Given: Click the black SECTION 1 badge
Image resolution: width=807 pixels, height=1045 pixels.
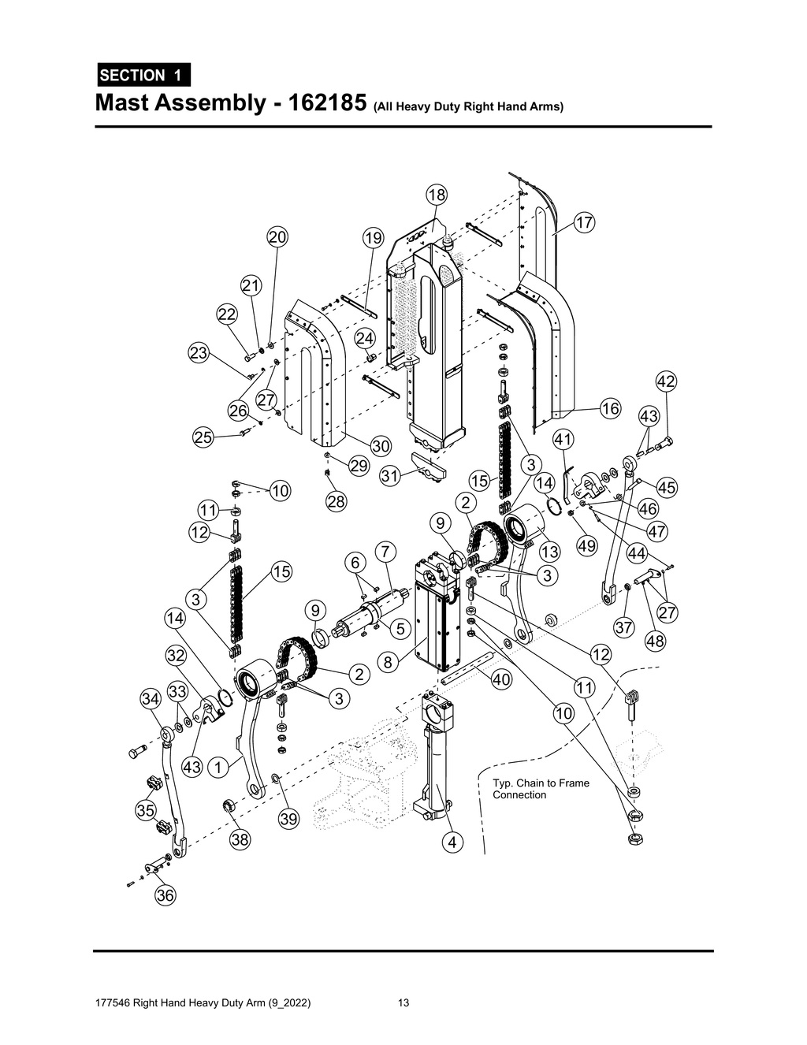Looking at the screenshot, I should (x=143, y=75).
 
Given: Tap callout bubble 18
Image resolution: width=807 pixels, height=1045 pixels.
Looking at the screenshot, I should (x=437, y=195).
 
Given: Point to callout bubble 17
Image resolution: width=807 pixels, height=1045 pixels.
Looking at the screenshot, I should (x=584, y=223).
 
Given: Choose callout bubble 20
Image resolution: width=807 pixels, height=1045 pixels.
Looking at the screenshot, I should (x=277, y=237).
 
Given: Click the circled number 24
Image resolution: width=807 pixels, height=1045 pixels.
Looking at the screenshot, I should (x=364, y=338).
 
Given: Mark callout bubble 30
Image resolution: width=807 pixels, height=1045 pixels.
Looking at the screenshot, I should (x=381, y=446).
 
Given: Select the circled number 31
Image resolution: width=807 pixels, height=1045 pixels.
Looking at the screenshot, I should (x=390, y=476).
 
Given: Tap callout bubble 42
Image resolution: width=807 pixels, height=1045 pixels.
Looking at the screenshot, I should (x=666, y=382).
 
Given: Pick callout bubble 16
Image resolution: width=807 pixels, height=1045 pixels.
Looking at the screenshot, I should (x=610, y=408).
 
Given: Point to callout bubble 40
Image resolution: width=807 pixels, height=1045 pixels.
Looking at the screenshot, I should (x=501, y=679).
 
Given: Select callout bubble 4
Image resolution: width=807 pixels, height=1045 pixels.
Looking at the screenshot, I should (x=452, y=842).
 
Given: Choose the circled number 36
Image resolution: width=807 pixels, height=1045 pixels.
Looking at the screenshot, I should (x=165, y=895).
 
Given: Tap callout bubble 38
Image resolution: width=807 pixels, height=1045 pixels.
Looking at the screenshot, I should (x=240, y=840).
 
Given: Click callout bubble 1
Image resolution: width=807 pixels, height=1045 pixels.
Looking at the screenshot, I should (x=218, y=766).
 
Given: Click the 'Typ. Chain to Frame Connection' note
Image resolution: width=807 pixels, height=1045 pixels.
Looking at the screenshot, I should (x=541, y=789).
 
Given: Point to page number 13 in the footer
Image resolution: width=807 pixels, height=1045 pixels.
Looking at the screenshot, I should (x=403, y=1003).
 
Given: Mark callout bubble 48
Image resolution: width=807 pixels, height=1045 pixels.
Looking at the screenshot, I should (x=655, y=642).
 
